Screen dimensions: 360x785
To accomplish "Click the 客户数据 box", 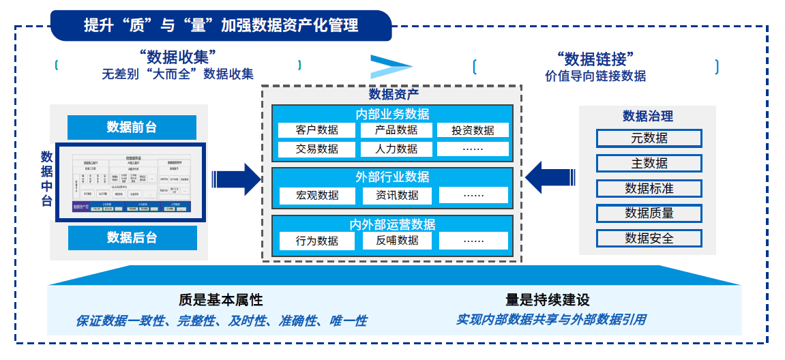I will (317, 130).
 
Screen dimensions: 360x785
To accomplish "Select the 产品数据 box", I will (396, 130).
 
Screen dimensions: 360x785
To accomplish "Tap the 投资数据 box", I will (473, 130).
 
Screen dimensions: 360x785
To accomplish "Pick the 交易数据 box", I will (317, 149).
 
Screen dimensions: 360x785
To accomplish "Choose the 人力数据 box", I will (396, 149).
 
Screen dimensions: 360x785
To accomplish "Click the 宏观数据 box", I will (317, 195).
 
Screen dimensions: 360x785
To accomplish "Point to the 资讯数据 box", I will (396, 195).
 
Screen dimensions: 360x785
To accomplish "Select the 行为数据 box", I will (317, 241).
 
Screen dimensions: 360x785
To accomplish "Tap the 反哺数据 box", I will (396, 241).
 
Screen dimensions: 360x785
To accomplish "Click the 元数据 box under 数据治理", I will (649, 138).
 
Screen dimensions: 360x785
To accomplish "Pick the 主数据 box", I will (649, 163).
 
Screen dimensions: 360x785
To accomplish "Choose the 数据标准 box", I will (649, 188).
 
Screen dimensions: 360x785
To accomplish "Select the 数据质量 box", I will (649, 213).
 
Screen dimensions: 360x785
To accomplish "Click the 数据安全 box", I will (649, 238).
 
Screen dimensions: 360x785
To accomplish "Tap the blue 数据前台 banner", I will (132, 127).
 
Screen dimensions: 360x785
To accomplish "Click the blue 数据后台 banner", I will (132, 237).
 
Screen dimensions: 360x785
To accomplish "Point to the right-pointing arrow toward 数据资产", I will (237, 179).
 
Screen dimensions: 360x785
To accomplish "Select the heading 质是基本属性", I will (220, 300).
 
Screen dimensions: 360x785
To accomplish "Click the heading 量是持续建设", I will (547, 300).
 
